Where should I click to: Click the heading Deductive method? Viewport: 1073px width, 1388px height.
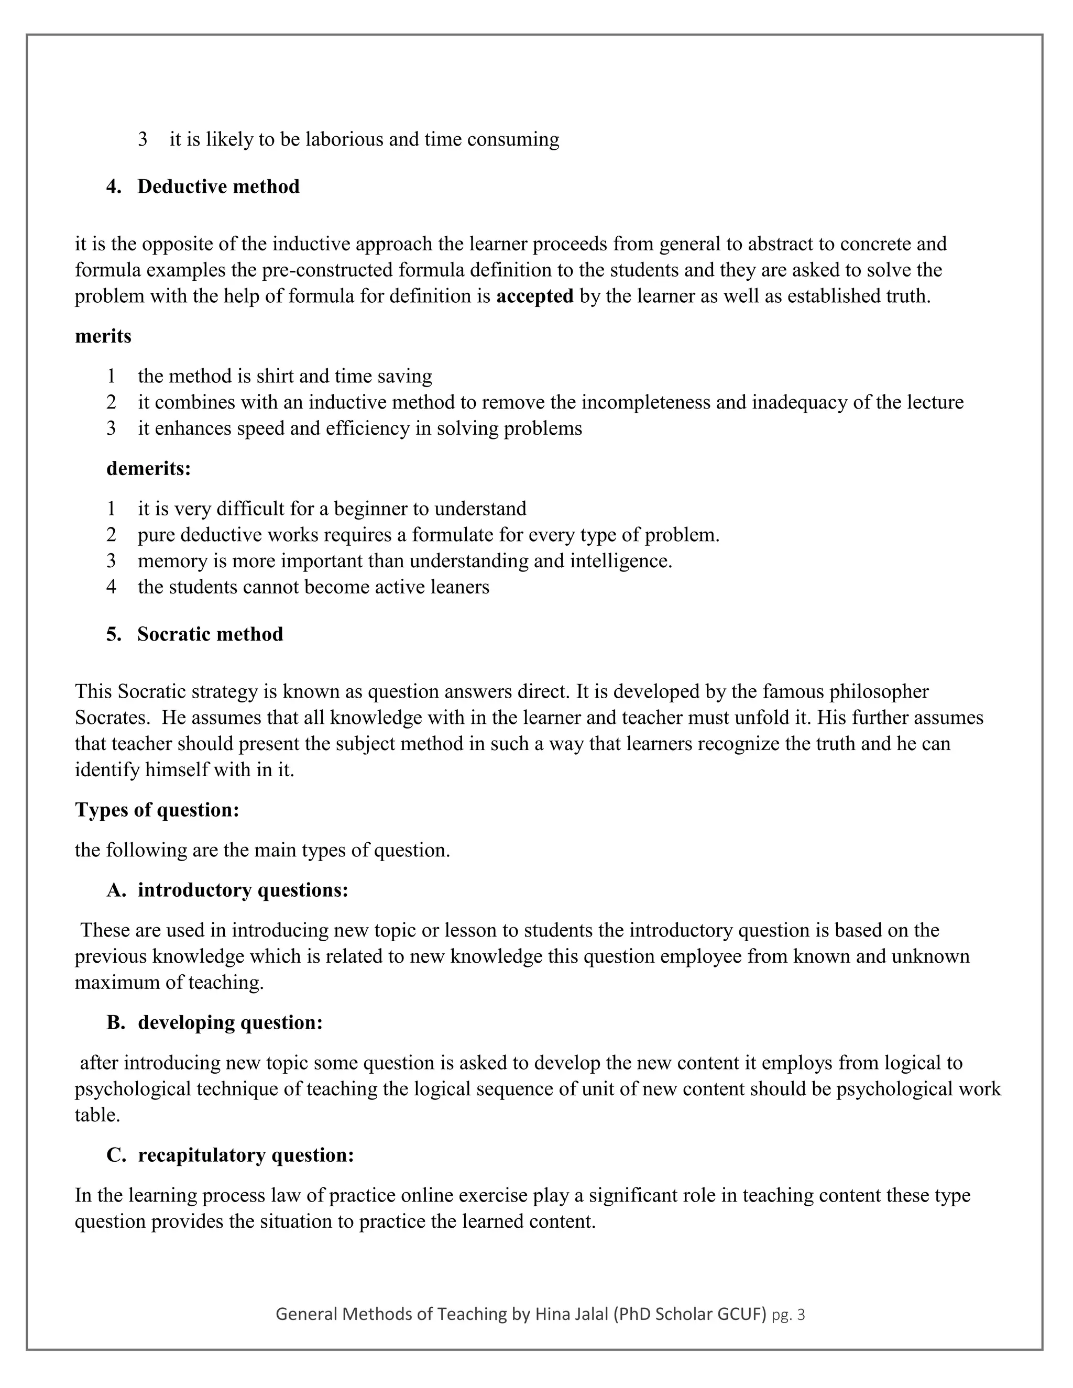pyautogui.click(x=218, y=187)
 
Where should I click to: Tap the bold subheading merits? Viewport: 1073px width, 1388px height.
pyautogui.click(x=103, y=336)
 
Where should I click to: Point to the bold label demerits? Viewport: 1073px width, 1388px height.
pyautogui.click(x=148, y=468)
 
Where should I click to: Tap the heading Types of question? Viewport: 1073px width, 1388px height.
pyautogui.click(x=157, y=810)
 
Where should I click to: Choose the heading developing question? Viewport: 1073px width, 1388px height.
pyautogui.click(x=230, y=1022)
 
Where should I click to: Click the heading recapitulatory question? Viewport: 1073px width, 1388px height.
pyautogui.click(x=245, y=1155)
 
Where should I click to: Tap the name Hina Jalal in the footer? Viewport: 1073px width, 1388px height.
pyautogui.click(x=572, y=1314)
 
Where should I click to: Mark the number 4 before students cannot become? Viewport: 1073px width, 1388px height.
pyautogui.click(x=111, y=587)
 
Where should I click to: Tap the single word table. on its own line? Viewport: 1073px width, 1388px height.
pyautogui.click(x=97, y=1115)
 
